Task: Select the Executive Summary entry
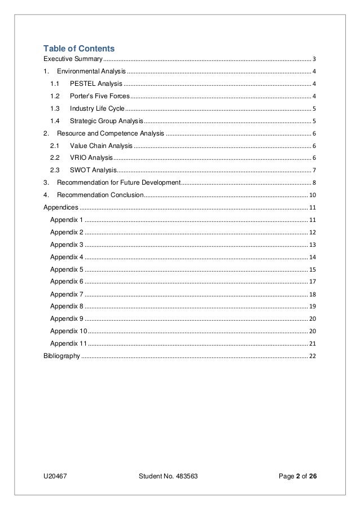(73, 59)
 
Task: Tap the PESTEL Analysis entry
(92, 84)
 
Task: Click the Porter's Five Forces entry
(95, 96)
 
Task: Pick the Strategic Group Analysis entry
(106, 121)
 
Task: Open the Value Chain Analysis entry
(101, 146)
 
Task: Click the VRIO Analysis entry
(91, 158)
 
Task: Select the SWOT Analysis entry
(93, 170)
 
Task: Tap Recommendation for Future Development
(118, 182)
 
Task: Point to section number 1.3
(55, 108)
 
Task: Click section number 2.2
(55, 158)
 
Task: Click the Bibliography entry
(62, 356)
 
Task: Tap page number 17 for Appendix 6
(313, 281)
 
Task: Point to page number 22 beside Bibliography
(313, 356)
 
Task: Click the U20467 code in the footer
(56, 475)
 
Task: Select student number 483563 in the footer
(168, 475)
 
